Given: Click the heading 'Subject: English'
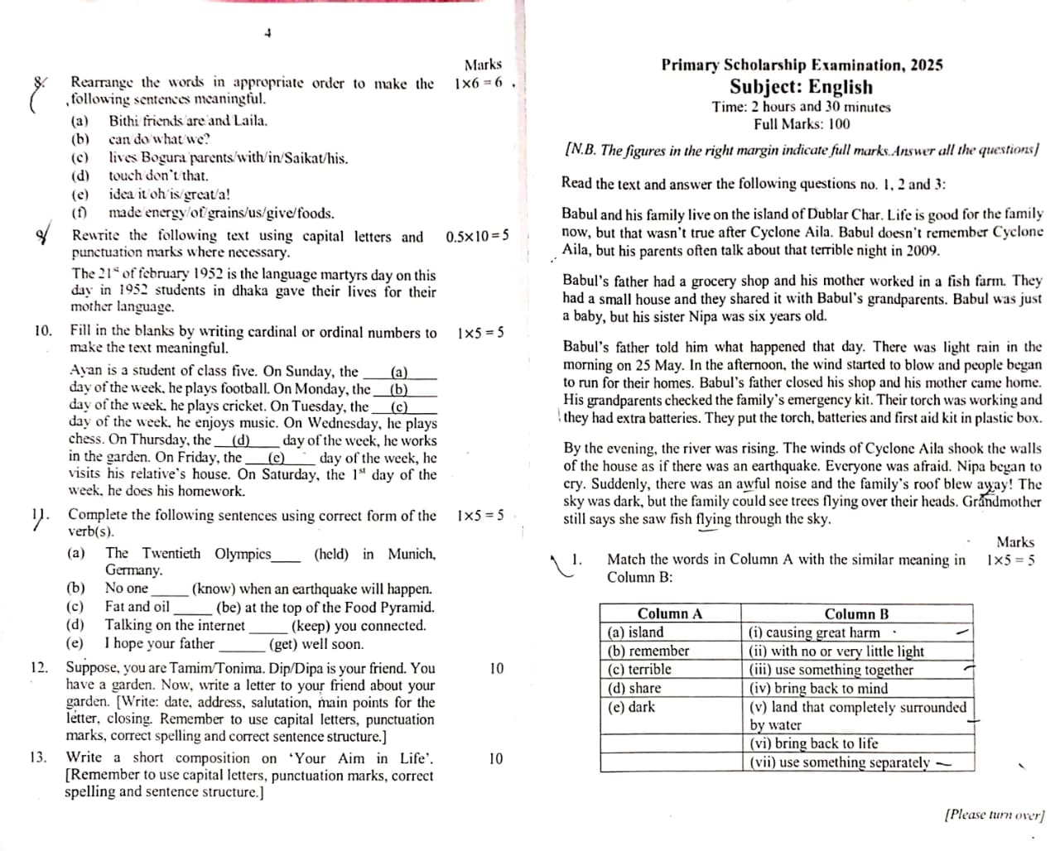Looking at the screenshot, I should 801,87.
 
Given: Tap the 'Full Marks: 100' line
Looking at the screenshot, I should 801,124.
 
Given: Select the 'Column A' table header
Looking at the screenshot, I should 669,613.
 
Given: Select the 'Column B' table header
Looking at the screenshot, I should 856,613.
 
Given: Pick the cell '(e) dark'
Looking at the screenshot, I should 632,707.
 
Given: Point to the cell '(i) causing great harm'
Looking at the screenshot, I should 814,632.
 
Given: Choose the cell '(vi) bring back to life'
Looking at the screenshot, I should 813,743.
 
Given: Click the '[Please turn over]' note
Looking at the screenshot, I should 995,815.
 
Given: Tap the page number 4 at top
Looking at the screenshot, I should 267,33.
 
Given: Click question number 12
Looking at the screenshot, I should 38,667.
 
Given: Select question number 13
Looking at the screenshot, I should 37,757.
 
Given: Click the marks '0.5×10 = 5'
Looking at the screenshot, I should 477,237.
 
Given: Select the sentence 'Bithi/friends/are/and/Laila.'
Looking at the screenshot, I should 188,121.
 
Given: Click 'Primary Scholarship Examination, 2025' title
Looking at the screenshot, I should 802,65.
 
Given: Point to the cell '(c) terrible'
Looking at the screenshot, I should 639,670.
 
